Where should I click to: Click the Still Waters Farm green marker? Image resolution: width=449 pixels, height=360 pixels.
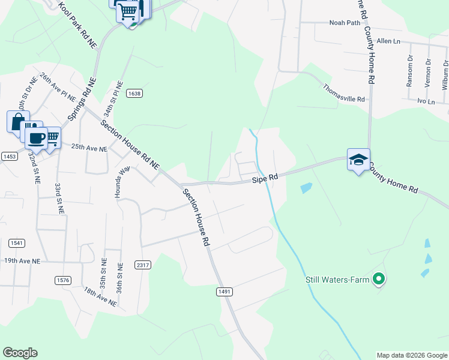coord(379,278)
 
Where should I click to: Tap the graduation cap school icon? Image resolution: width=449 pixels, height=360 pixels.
coord(358,160)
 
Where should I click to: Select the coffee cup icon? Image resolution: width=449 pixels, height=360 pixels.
coord(37,137)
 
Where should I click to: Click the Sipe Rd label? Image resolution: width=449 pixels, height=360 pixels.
coord(265,178)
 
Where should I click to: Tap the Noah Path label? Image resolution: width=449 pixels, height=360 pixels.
coord(343,23)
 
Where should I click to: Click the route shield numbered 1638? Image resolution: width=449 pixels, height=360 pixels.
coord(134,93)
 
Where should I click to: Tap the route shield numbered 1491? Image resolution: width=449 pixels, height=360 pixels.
coord(224,291)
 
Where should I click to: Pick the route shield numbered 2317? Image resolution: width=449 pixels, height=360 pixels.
coord(143,265)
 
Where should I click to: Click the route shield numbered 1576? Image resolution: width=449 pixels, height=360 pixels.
coord(62,280)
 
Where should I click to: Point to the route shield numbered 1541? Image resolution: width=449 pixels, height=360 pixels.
coord(16,243)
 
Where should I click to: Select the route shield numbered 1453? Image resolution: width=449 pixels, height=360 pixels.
coord(9,156)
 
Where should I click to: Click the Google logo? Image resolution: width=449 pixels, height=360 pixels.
coord(20,353)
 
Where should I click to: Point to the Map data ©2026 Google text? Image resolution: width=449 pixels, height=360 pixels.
coord(412,355)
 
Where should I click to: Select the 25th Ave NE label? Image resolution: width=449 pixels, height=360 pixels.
coord(89,147)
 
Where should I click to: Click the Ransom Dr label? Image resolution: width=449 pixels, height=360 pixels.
coord(410,71)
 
